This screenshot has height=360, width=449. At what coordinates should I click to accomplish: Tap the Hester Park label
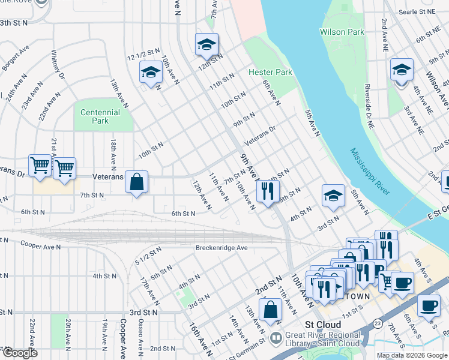(x=270, y=73)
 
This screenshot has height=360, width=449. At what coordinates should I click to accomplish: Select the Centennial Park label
(x=100, y=116)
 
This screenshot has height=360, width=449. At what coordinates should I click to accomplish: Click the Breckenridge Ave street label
(x=221, y=248)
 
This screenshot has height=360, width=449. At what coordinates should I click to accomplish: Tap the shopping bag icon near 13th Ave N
(x=271, y=310)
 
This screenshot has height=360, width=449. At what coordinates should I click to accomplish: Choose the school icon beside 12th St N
(x=206, y=44)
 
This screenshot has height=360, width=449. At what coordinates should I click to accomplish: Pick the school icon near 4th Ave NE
(x=402, y=70)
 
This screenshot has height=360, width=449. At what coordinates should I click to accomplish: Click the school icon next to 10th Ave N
(x=150, y=73)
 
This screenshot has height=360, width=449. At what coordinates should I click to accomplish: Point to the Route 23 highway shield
(x=376, y=323)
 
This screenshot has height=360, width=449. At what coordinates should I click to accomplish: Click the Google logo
(x=20, y=353)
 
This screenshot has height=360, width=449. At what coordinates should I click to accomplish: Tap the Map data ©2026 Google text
(x=412, y=355)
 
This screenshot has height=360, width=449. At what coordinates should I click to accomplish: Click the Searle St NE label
(x=419, y=11)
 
